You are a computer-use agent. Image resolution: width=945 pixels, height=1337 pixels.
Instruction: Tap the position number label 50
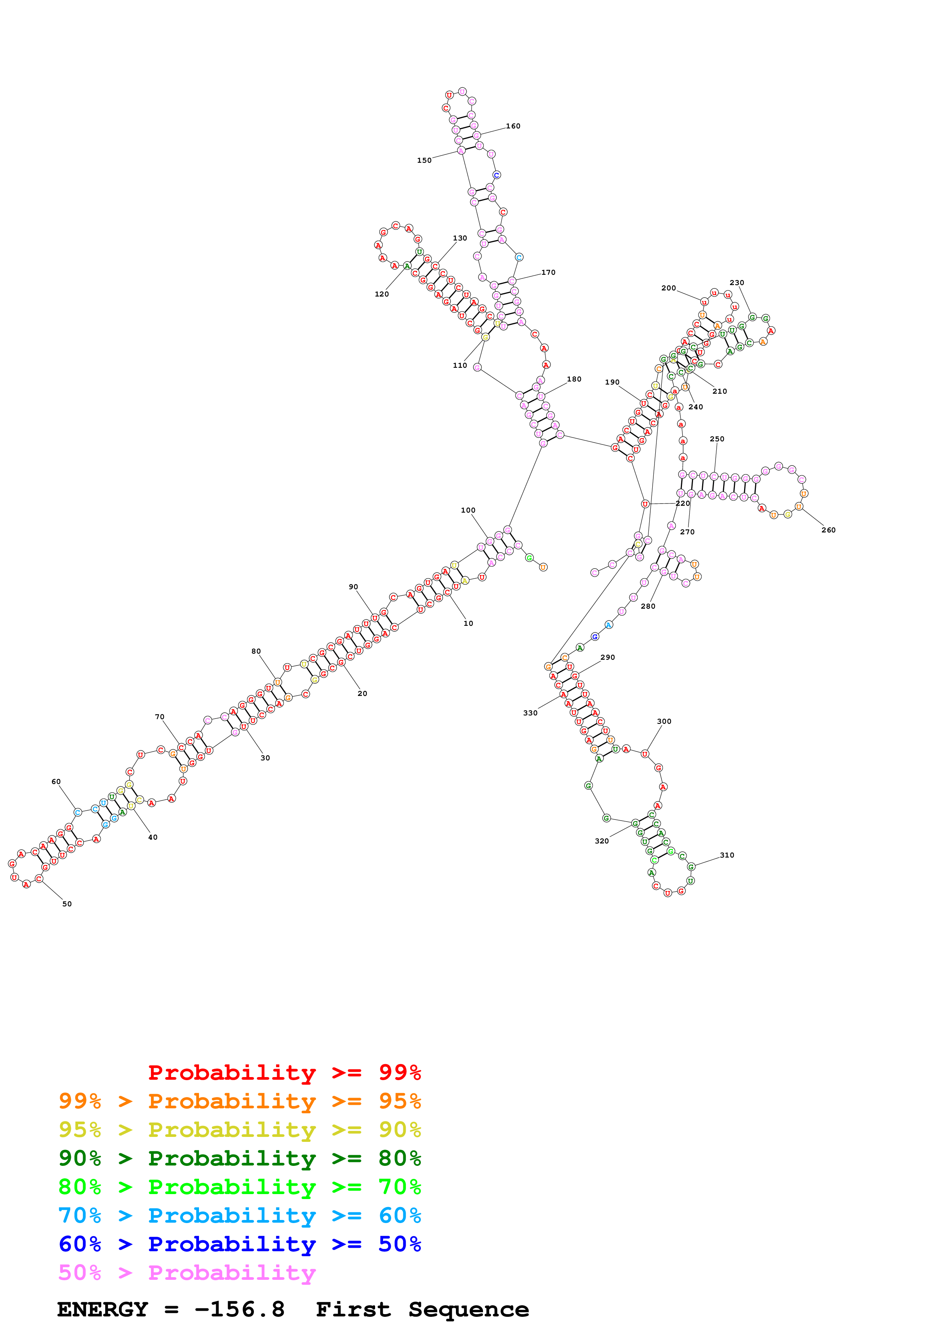(x=67, y=904)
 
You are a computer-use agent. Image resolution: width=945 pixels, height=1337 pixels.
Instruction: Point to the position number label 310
(x=727, y=855)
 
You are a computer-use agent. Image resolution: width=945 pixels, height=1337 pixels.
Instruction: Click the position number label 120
(x=381, y=294)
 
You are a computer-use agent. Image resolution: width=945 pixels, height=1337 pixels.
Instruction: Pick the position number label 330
(x=530, y=713)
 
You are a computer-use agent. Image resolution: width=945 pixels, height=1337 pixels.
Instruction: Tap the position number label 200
(x=668, y=288)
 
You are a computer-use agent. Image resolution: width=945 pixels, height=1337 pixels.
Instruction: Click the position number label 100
(x=468, y=510)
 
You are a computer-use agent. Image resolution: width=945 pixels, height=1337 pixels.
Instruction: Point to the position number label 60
(x=56, y=781)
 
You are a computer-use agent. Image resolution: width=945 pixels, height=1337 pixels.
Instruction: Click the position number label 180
(x=574, y=379)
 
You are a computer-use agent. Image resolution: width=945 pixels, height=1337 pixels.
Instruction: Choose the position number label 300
(x=664, y=721)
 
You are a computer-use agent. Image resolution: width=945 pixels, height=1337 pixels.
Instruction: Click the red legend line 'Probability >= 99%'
(x=284, y=1072)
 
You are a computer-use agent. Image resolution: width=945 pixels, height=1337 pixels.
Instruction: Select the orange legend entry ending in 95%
(x=239, y=1101)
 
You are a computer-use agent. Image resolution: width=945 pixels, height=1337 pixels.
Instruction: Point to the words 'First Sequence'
(x=422, y=1309)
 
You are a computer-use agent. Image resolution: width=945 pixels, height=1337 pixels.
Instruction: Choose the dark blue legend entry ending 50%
(x=239, y=1244)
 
